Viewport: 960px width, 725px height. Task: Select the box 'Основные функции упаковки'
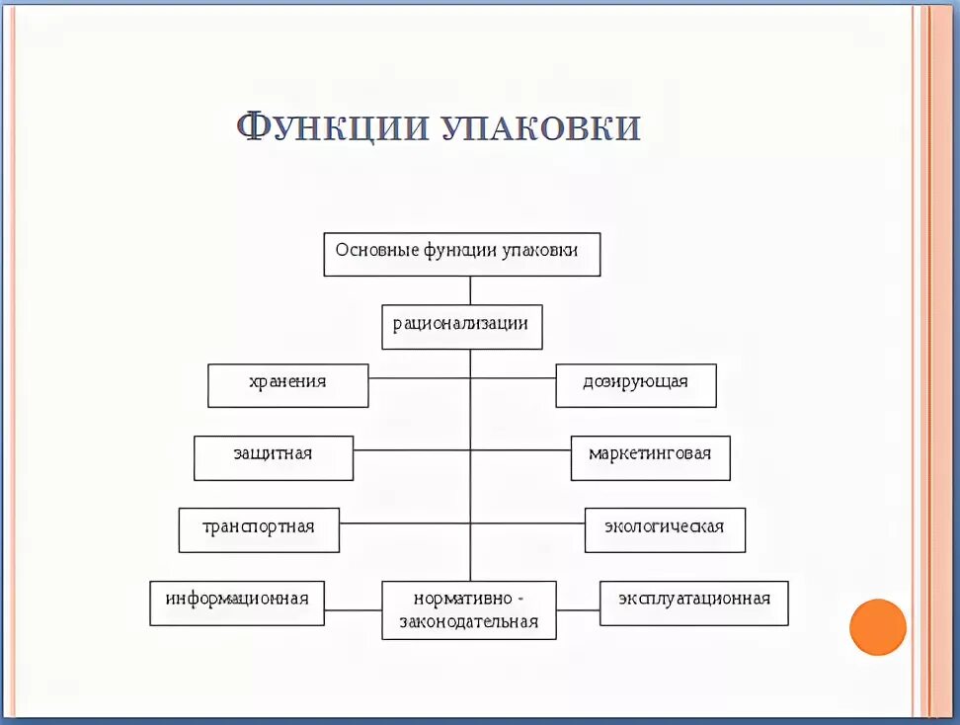click(x=462, y=254)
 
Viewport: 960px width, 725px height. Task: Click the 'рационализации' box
click(x=462, y=326)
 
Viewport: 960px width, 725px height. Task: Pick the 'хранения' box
click(x=287, y=385)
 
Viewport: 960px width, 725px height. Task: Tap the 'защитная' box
click(x=274, y=457)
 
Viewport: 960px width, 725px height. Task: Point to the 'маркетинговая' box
click(x=650, y=457)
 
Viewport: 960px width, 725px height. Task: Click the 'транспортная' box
click(x=259, y=529)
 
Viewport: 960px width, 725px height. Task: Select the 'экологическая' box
click(x=665, y=529)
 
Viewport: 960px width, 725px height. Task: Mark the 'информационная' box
click(x=237, y=603)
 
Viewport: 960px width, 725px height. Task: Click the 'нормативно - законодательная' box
click(x=469, y=609)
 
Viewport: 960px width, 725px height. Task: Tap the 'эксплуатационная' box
click(x=694, y=603)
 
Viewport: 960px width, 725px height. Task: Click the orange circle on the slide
click(x=877, y=627)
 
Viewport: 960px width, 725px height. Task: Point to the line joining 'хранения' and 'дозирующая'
click(x=415, y=377)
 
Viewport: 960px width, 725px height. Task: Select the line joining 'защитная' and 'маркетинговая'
click(x=415, y=450)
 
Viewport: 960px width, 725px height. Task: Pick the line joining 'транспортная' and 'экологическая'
click(x=415, y=523)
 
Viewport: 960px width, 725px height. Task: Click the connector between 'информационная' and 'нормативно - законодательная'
click(x=353, y=609)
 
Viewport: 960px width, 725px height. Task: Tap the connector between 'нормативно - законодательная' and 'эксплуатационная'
click(x=578, y=609)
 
